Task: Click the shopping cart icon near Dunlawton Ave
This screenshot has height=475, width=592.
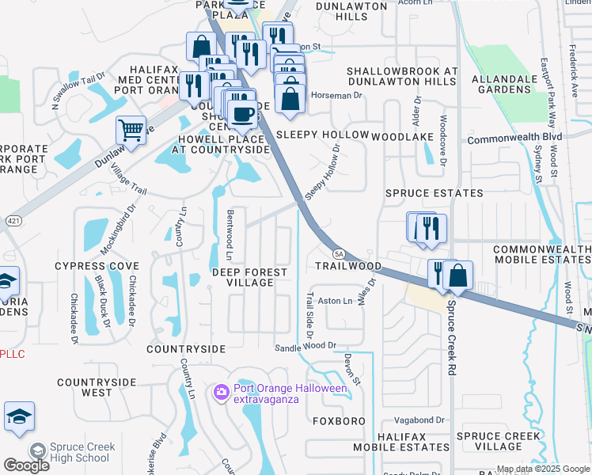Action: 131,129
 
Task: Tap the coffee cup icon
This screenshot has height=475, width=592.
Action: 242,114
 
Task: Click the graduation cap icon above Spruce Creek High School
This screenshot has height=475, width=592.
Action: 19,416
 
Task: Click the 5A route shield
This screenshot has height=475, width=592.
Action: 339,253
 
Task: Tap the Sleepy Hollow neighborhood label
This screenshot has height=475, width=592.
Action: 322,135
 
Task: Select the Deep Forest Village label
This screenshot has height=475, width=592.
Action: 249,277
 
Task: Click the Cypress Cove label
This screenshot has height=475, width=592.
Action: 92,266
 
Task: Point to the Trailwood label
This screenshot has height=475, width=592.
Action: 349,266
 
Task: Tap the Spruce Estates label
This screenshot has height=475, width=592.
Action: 434,193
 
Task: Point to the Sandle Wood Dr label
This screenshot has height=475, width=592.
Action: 305,346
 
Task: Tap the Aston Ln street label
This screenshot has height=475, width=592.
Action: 335,301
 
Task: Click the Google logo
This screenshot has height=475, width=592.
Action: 26,465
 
